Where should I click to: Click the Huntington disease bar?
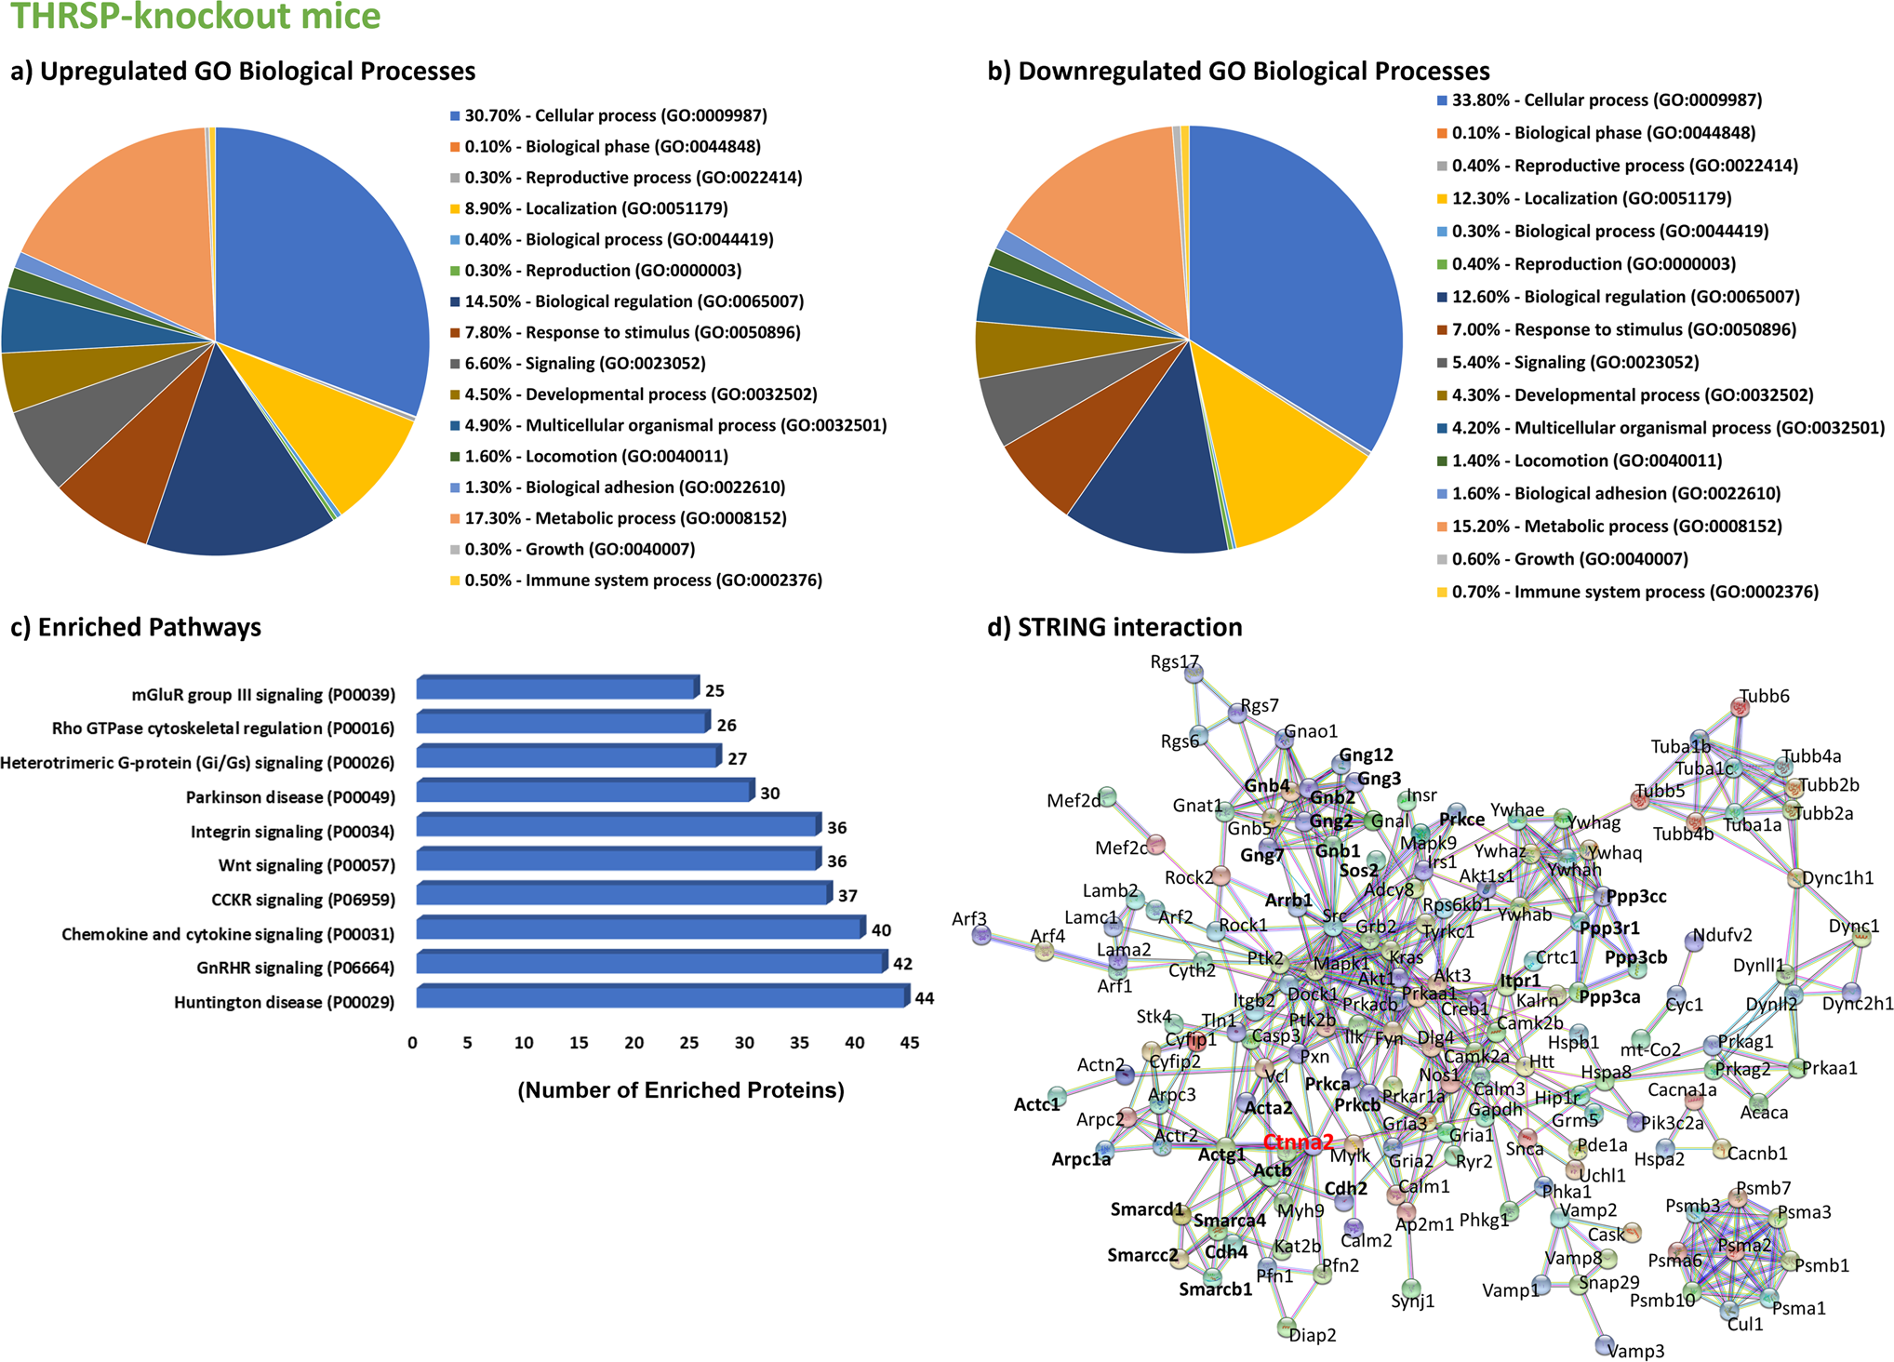[x=660, y=997]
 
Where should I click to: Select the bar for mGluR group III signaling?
[x=556, y=688]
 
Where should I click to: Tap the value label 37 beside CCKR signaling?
[x=847, y=896]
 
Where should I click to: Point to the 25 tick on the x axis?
[x=688, y=1043]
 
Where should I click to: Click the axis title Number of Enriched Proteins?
[x=681, y=1090]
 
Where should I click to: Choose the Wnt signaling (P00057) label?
[x=306, y=865]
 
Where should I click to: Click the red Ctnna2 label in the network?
[x=1298, y=1142]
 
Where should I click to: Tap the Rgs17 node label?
[x=1174, y=662]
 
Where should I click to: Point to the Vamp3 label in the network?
[x=1635, y=1351]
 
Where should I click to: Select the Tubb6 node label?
[x=1764, y=696]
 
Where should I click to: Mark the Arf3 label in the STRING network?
[x=968, y=919]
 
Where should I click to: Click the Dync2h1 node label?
[x=1857, y=1004]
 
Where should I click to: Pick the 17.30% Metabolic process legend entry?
[x=625, y=518]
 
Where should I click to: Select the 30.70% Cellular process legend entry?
[x=616, y=115]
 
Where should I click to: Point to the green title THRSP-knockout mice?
[x=195, y=16]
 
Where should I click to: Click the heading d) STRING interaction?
[x=1114, y=627]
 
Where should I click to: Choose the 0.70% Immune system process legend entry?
[x=1634, y=592]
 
